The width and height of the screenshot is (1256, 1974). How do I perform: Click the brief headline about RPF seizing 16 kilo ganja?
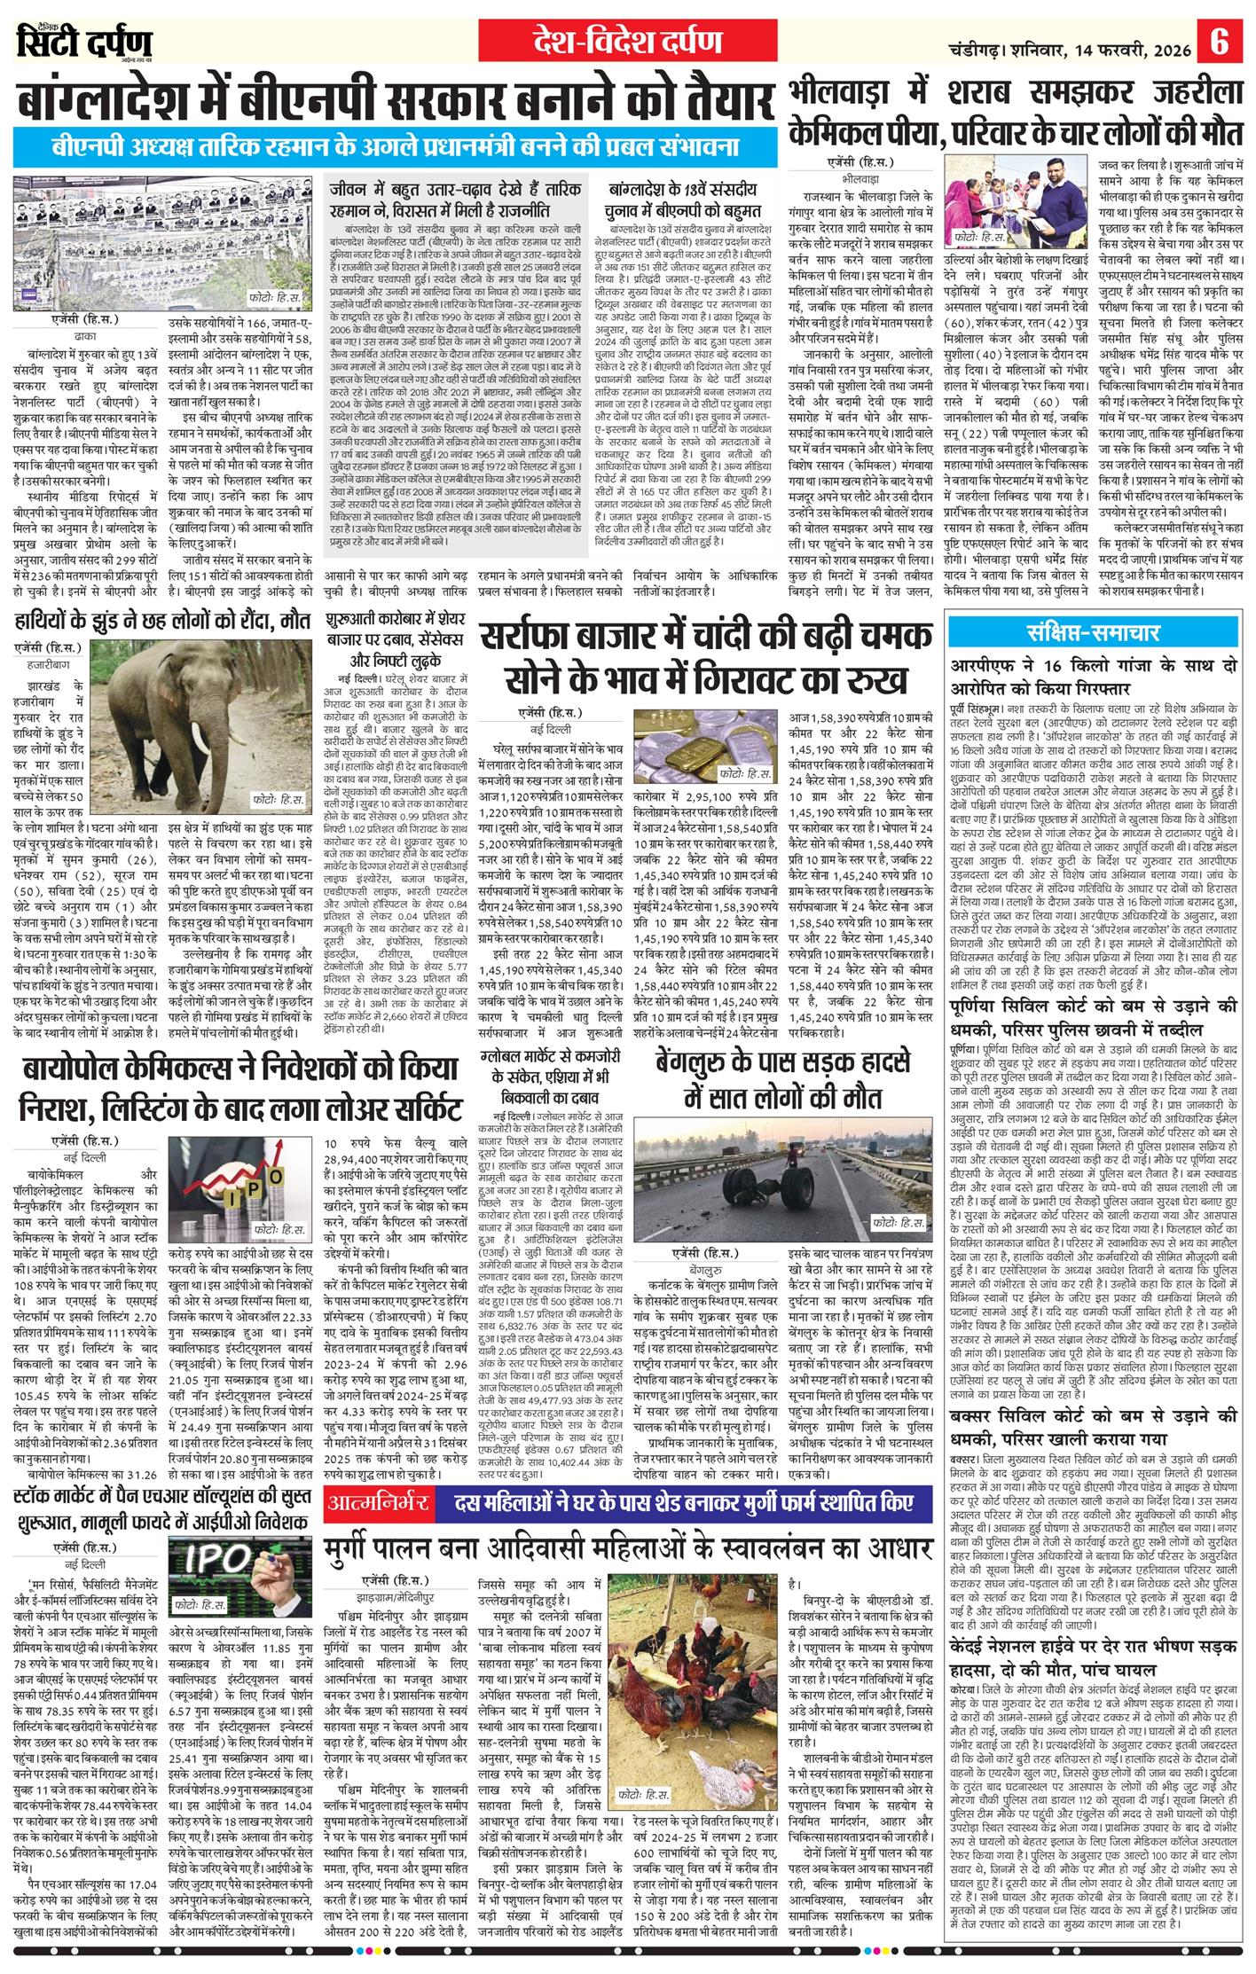click(1092, 676)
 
